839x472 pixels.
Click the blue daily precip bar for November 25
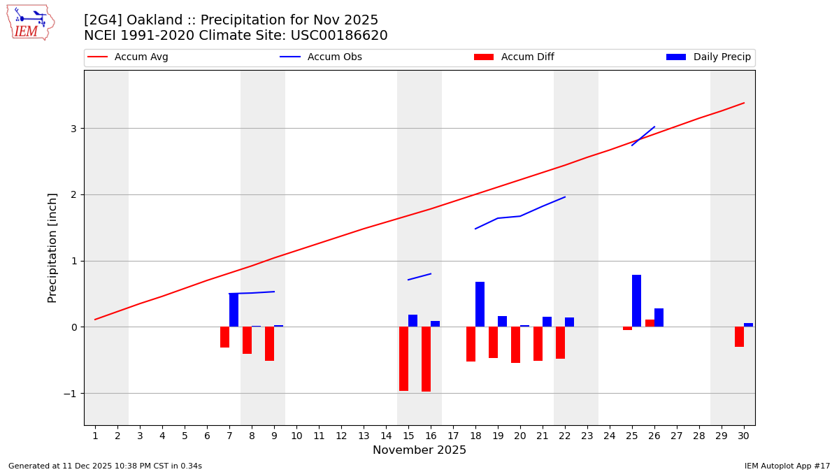tap(636, 301)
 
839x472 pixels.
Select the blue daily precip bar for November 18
tap(480, 304)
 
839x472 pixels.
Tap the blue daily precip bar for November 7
tap(234, 310)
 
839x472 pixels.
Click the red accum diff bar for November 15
tap(403, 359)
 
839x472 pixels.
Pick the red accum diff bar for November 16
tap(426, 359)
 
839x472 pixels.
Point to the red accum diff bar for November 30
tap(739, 337)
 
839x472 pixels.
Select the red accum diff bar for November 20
tap(515, 345)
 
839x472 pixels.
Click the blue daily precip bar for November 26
tap(659, 317)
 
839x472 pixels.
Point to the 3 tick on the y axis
tap(73, 129)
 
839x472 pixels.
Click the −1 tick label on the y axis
tap(69, 394)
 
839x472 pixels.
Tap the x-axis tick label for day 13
tap(364, 436)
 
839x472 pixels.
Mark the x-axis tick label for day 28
tap(699, 436)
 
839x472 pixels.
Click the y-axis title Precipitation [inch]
tap(52, 248)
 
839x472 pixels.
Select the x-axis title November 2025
tap(419, 450)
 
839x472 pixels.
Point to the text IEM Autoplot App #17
tap(787, 466)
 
